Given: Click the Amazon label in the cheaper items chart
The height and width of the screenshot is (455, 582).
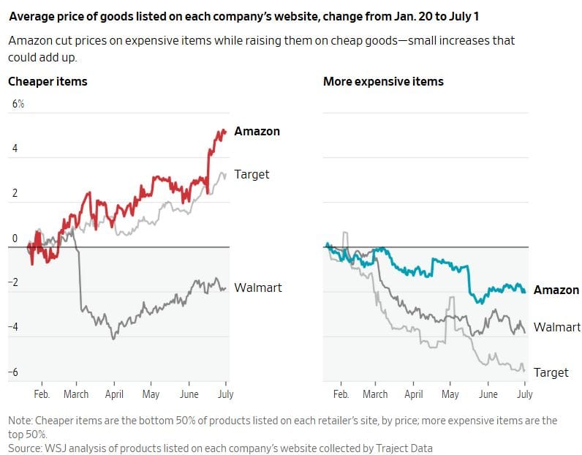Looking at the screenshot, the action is tap(257, 131).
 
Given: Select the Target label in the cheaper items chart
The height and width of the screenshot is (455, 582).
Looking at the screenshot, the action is tap(252, 175).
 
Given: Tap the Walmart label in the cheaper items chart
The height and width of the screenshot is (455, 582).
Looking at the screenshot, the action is tap(258, 287).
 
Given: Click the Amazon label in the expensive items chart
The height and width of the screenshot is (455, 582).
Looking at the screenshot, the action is tap(556, 290).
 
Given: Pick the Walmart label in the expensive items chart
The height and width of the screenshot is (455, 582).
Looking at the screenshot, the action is tap(556, 327).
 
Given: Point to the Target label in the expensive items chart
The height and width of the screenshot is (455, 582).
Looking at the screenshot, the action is tap(551, 372).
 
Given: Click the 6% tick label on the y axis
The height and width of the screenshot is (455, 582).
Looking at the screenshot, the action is tap(18, 104).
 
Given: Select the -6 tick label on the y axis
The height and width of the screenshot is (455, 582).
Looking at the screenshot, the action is tap(13, 372).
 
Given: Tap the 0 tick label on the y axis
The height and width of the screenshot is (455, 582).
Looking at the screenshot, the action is tap(15, 238).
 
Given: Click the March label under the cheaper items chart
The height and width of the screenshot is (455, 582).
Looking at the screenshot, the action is tap(76, 394).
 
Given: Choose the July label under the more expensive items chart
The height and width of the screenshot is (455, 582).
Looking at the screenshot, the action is tap(524, 394).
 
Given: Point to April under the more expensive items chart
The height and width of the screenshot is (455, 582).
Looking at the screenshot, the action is tap(414, 394).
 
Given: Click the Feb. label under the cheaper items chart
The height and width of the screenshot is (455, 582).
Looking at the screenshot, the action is tap(42, 394).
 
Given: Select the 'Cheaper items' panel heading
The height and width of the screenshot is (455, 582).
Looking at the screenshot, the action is tap(48, 82).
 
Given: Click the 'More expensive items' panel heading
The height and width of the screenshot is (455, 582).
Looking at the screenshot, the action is tap(383, 82).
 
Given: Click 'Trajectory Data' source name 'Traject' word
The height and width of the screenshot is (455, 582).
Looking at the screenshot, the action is tap(390, 448).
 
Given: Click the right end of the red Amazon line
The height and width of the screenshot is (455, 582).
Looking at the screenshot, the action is tap(225, 131).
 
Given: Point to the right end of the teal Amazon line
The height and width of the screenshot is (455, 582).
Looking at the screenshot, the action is tap(524, 292).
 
